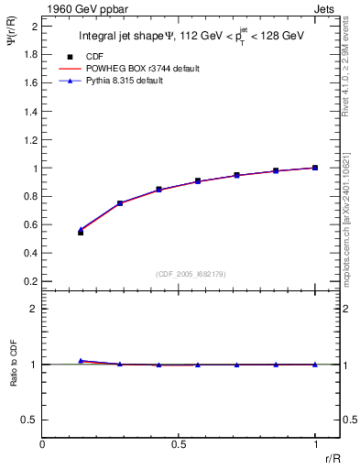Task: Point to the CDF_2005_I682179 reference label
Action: [191, 273]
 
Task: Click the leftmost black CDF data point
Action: [81, 233]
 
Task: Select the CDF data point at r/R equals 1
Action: [315, 168]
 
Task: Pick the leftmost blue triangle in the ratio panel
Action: [81, 361]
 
